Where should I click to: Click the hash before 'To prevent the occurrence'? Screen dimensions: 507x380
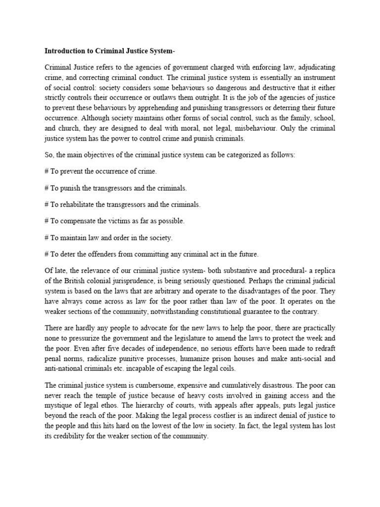(x=47, y=171)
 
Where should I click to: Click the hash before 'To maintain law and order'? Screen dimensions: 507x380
(x=47, y=238)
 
